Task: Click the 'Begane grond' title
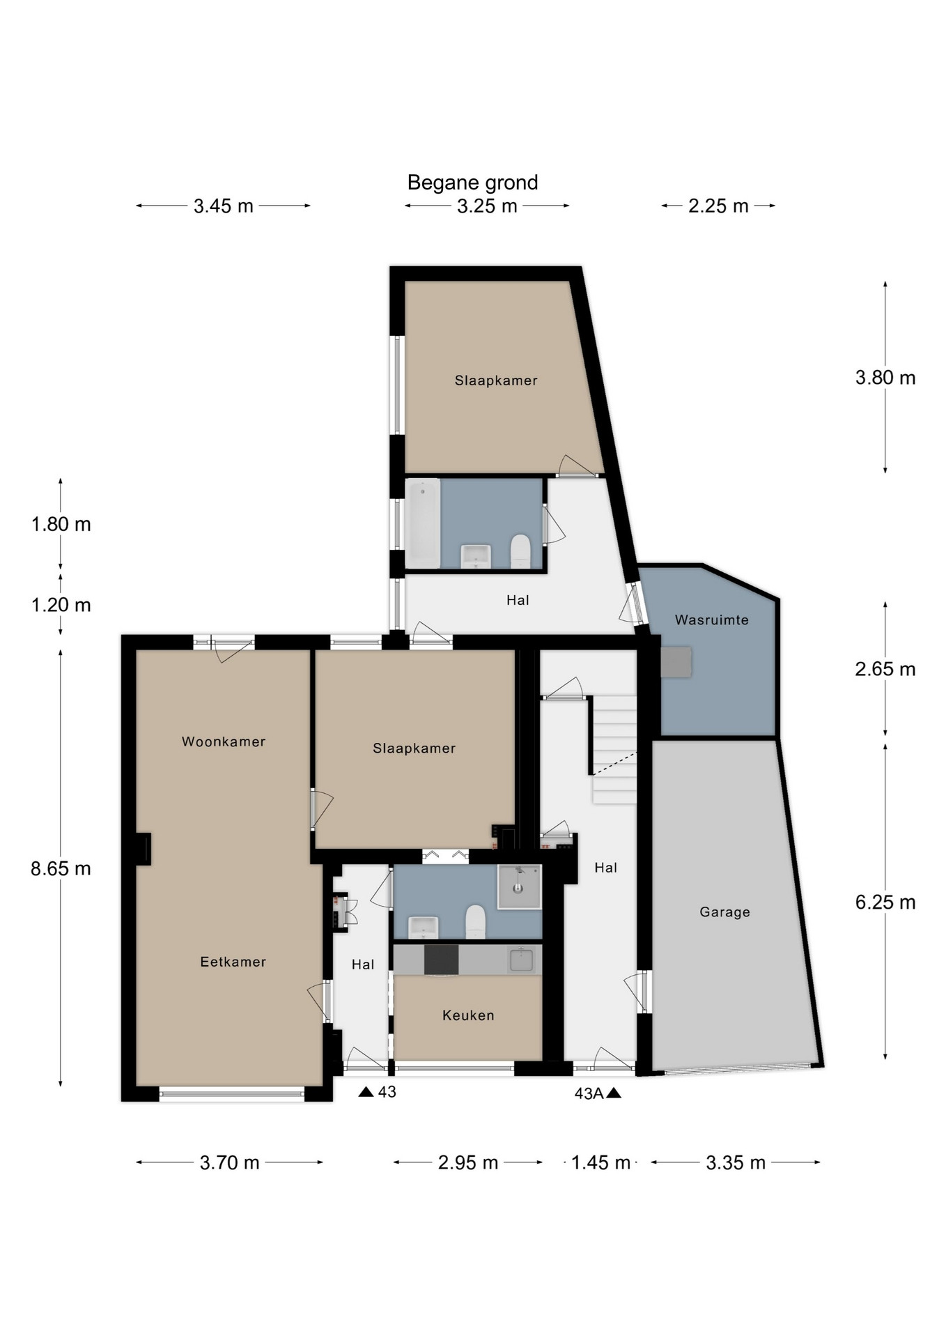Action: pyautogui.click(x=472, y=183)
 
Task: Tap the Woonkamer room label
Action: pyautogui.click(x=224, y=741)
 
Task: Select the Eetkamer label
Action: pyautogui.click(x=233, y=962)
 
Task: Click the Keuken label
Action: pyautogui.click(x=468, y=1015)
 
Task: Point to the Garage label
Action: pyautogui.click(x=724, y=912)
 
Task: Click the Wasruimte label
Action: pyautogui.click(x=712, y=620)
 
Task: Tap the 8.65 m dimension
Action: pyautogui.click(x=61, y=868)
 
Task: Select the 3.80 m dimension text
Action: pyautogui.click(x=885, y=378)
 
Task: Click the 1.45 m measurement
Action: pyautogui.click(x=600, y=1162)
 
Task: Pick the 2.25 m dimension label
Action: pyautogui.click(x=718, y=206)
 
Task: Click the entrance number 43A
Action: pyautogui.click(x=589, y=1093)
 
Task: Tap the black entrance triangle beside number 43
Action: pyautogui.click(x=366, y=1091)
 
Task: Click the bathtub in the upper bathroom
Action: pyautogui.click(x=423, y=523)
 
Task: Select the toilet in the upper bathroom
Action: pyautogui.click(x=520, y=551)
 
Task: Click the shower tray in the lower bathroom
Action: pyautogui.click(x=519, y=886)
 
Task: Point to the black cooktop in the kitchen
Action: pyautogui.click(x=441, y=960)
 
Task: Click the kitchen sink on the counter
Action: pyautogui.click(x=521, y=960)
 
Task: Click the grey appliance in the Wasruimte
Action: pyautogui.click(x=676, y=662)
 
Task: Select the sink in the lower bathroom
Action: pyautogui.click(x=423, y=928)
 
